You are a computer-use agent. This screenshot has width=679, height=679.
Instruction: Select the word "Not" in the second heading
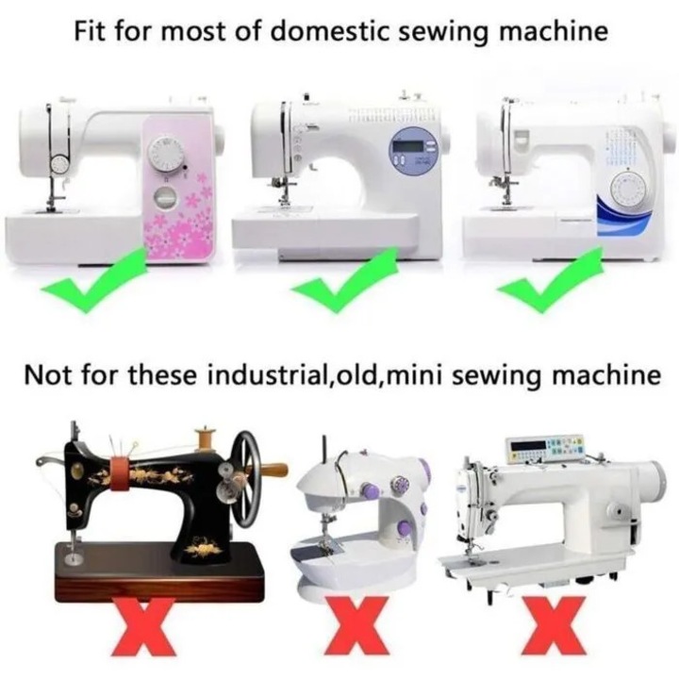(x=48, y=375)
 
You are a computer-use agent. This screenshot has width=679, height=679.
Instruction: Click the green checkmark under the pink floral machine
(x=93, y=280)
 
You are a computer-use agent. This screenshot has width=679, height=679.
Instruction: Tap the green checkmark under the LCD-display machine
(x=344, y=280)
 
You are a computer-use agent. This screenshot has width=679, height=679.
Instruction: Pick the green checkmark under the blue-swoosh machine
(x=550, y=280)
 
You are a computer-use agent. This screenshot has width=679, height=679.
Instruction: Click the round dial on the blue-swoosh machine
(x=628, y=190)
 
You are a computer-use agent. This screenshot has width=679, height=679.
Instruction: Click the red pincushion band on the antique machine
(x=120, y=474)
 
